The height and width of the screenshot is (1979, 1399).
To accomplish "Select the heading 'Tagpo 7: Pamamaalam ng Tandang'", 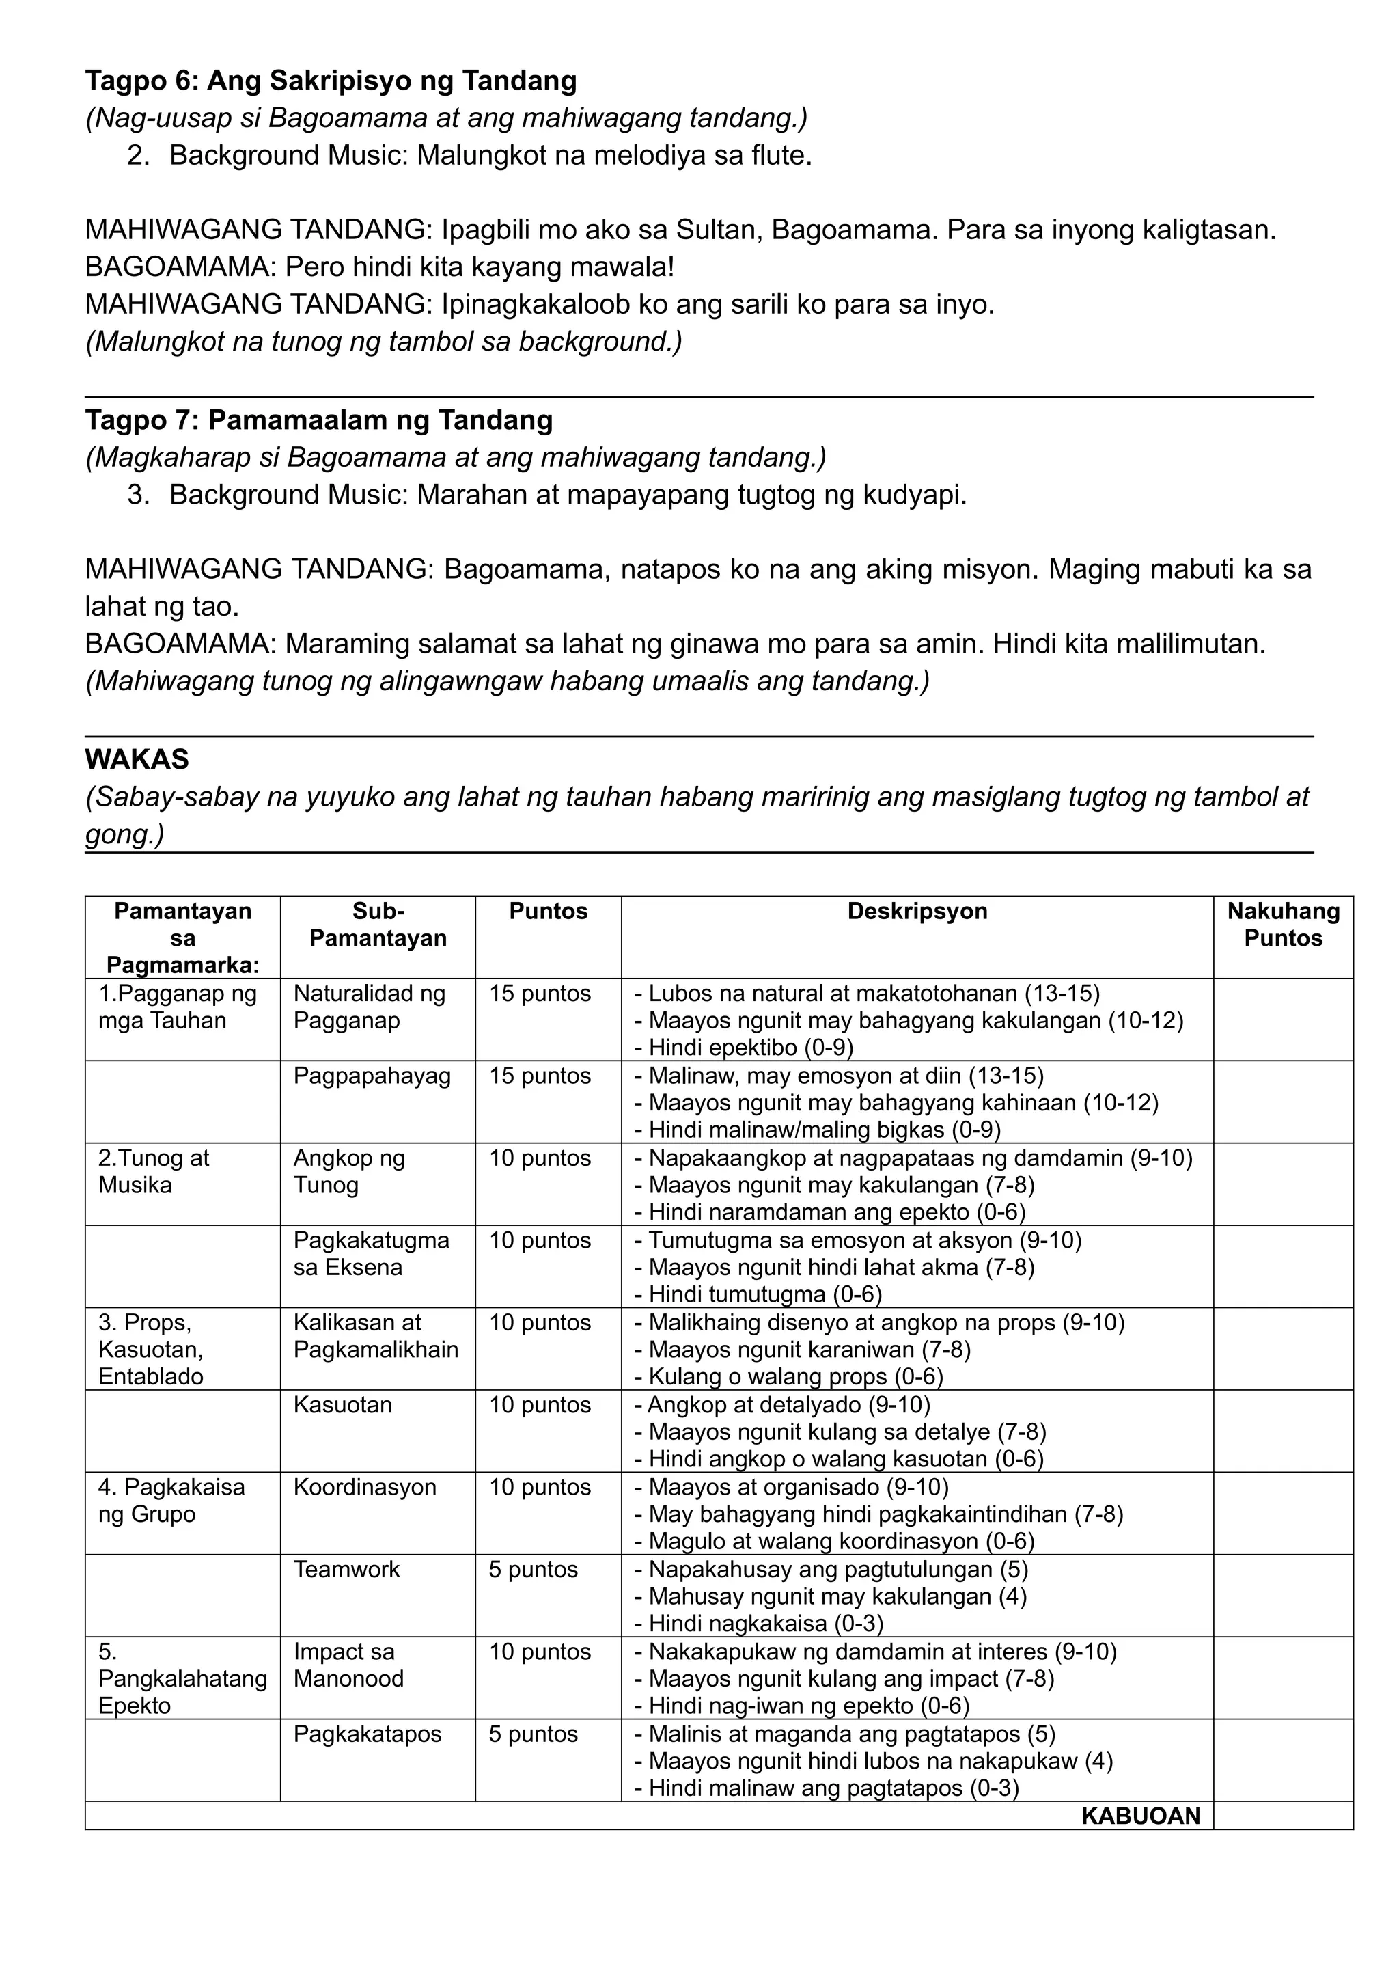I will [319, 421].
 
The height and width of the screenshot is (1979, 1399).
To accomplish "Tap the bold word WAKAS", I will [137, 759].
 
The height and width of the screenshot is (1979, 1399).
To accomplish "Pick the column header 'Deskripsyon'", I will [917, 911].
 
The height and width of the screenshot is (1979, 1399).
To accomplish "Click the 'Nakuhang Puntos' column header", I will [1283, 924].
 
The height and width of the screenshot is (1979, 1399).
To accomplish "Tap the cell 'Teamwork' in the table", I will [346, 1569].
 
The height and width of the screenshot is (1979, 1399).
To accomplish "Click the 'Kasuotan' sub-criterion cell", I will [342, 1404].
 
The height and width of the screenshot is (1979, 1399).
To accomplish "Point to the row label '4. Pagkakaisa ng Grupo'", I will [171, 1500].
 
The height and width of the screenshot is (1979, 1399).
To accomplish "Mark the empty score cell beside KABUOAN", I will [1283, 1816].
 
